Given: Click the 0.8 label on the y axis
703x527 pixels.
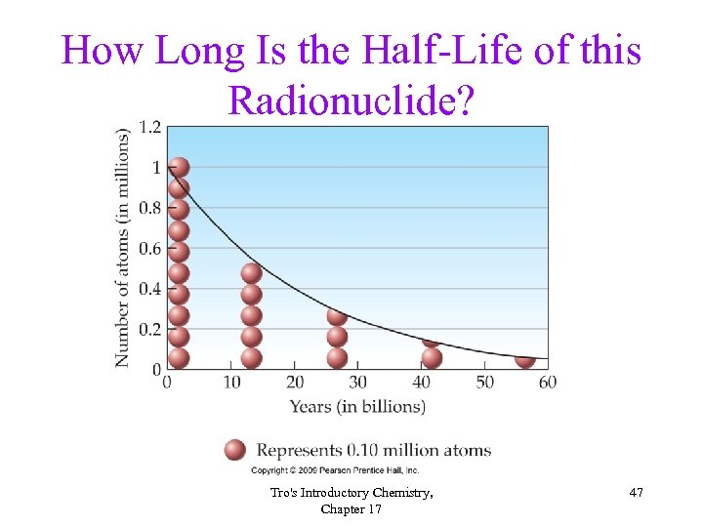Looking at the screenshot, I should point(149,208).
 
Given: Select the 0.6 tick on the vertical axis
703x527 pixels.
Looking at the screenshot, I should point(149,249).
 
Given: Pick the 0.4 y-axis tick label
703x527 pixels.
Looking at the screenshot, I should point(149,289).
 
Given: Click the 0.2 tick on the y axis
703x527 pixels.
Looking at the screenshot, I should point(149,330).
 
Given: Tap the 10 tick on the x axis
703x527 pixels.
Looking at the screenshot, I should point(231,382).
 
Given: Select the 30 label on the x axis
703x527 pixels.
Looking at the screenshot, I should point(357,382).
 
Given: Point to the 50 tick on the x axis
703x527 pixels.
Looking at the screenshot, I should point(484,382).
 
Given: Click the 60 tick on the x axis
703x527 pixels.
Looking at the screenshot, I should point(547,382).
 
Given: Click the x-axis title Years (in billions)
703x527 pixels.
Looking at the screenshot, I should point(357,406).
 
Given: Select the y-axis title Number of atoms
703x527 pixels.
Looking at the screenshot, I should point(123,248).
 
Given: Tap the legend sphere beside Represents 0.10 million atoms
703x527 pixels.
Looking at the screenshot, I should point(234,450).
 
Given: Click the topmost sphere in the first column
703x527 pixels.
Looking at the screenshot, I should point(178,168).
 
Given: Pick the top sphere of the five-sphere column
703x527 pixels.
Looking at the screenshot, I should point(251,273).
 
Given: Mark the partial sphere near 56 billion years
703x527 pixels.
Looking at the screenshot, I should point(524,359).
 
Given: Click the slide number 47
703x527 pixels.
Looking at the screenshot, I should point(636,494).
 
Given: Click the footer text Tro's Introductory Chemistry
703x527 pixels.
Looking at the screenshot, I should point(351,494).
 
